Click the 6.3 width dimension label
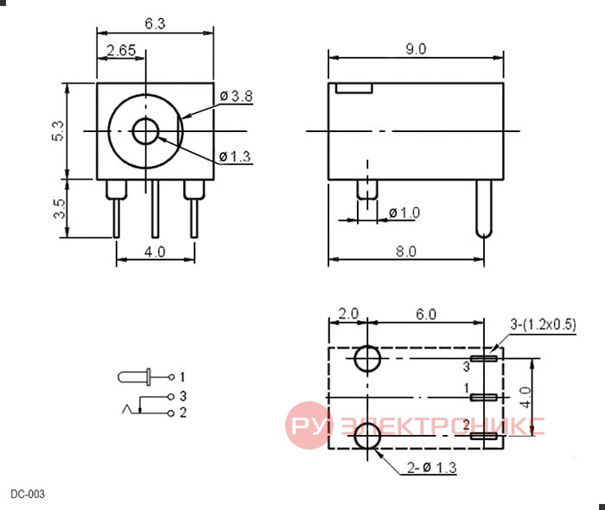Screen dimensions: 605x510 [155, 24]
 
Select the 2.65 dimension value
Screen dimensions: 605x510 [121, 50]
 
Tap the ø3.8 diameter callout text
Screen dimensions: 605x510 [236, 96]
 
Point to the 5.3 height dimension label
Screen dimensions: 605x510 [58, 131]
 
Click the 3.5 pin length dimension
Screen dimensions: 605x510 [60, 208]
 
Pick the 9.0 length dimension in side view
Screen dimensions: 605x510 [416, 49]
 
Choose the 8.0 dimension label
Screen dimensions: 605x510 [406, 251]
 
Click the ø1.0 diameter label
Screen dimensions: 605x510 [404, 212]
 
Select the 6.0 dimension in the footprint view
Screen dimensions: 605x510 [426, 315]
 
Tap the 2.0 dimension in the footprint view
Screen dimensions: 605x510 [348, 314]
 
